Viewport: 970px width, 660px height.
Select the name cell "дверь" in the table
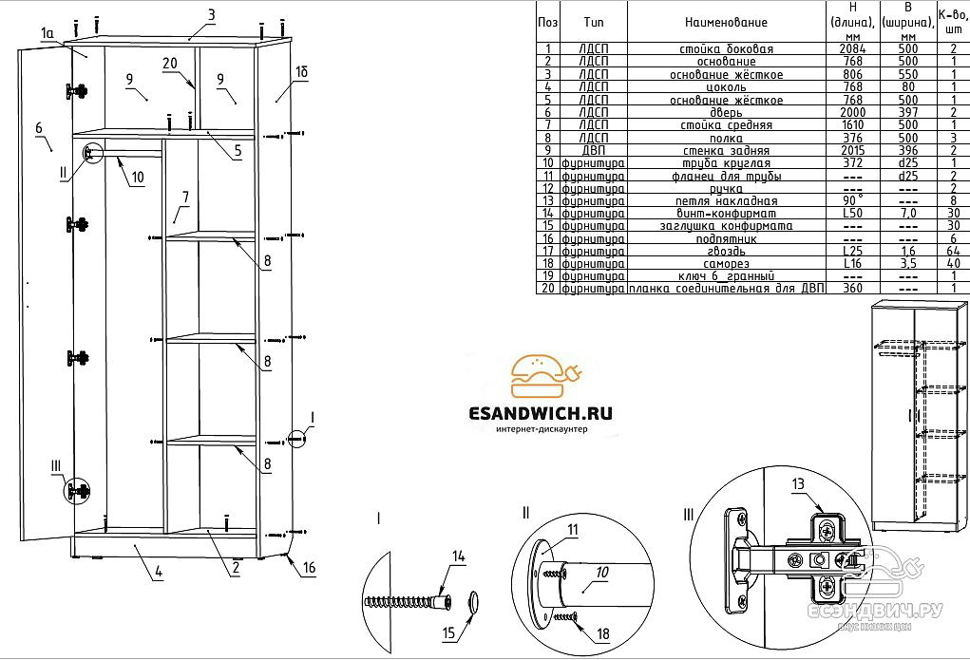(726, 112)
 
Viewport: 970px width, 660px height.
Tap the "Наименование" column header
(726, 22)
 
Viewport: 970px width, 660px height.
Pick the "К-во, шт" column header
(953, 22)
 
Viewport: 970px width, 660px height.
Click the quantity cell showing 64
(953, 251)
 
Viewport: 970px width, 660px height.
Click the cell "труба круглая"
(726, 162)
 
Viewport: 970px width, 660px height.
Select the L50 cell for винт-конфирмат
(852, 213)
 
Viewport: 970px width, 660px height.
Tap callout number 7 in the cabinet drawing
(185, 198)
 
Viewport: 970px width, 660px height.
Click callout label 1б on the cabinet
(301, 71)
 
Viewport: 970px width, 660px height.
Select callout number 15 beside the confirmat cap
(447, 632)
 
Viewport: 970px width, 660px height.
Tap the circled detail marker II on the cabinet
(93, 153)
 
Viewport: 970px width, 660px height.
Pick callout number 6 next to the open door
(39, 128)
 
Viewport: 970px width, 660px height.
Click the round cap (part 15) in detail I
(474, 599)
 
